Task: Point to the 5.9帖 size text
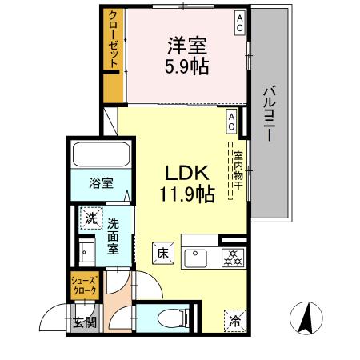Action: coord(188,66)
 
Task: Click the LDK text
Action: coord(186,173)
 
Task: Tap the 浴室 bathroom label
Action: coord(101,182)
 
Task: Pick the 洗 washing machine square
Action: coord(90,216)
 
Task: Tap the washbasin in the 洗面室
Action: coord(88,255)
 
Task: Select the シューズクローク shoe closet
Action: coord(85,286)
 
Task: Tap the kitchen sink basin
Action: coord(194,257)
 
